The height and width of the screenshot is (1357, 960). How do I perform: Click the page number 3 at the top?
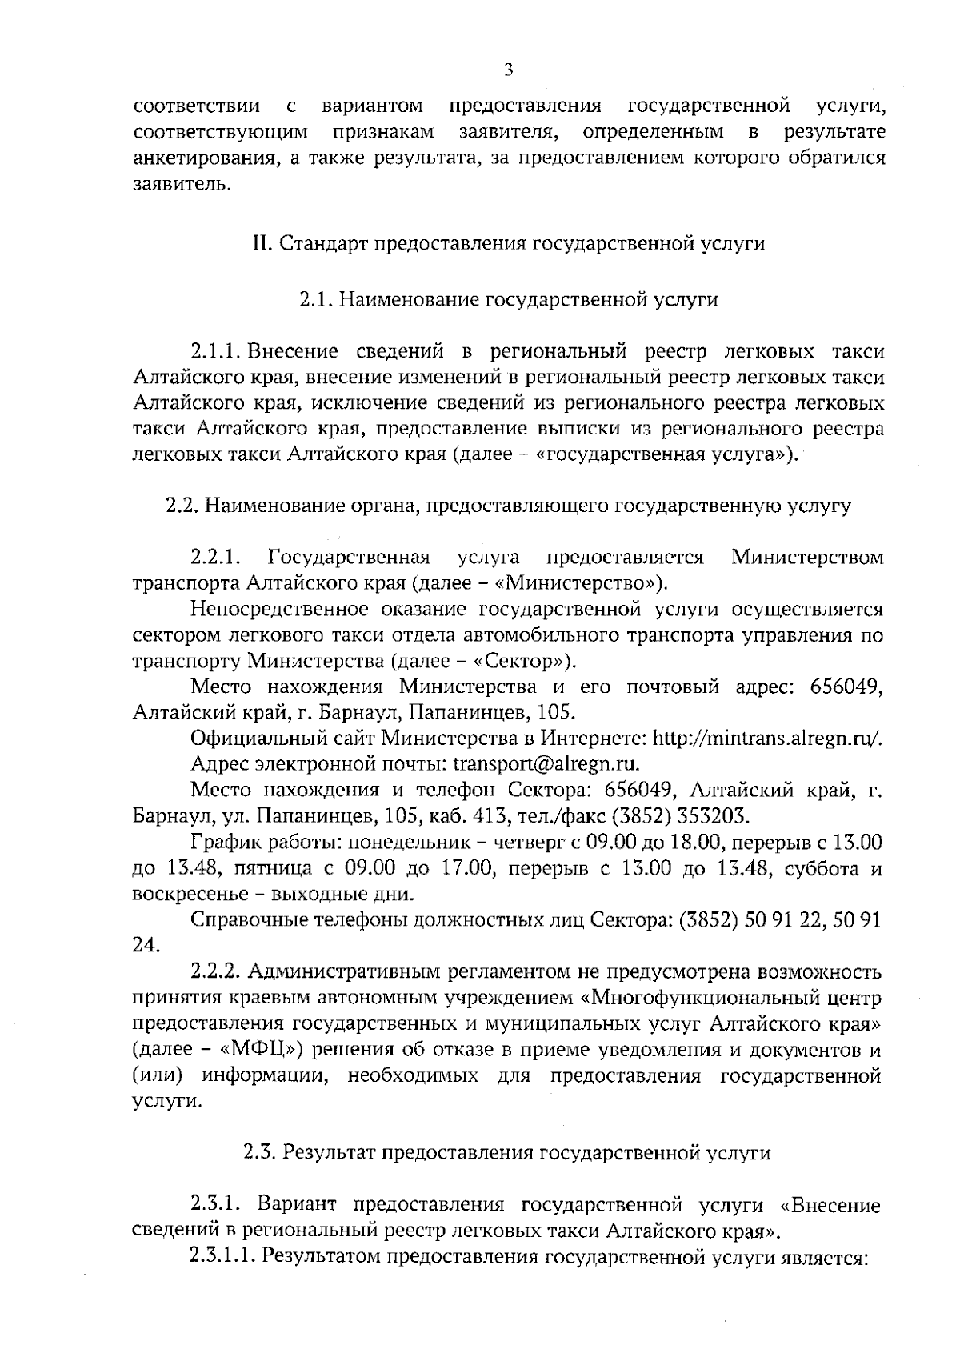[x=509, y=69]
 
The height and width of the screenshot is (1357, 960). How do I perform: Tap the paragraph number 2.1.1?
[x=216, y=352]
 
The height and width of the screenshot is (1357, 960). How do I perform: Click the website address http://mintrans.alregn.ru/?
[x=768, y=739]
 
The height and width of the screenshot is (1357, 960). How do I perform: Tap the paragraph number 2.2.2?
[x=216, y=972]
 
